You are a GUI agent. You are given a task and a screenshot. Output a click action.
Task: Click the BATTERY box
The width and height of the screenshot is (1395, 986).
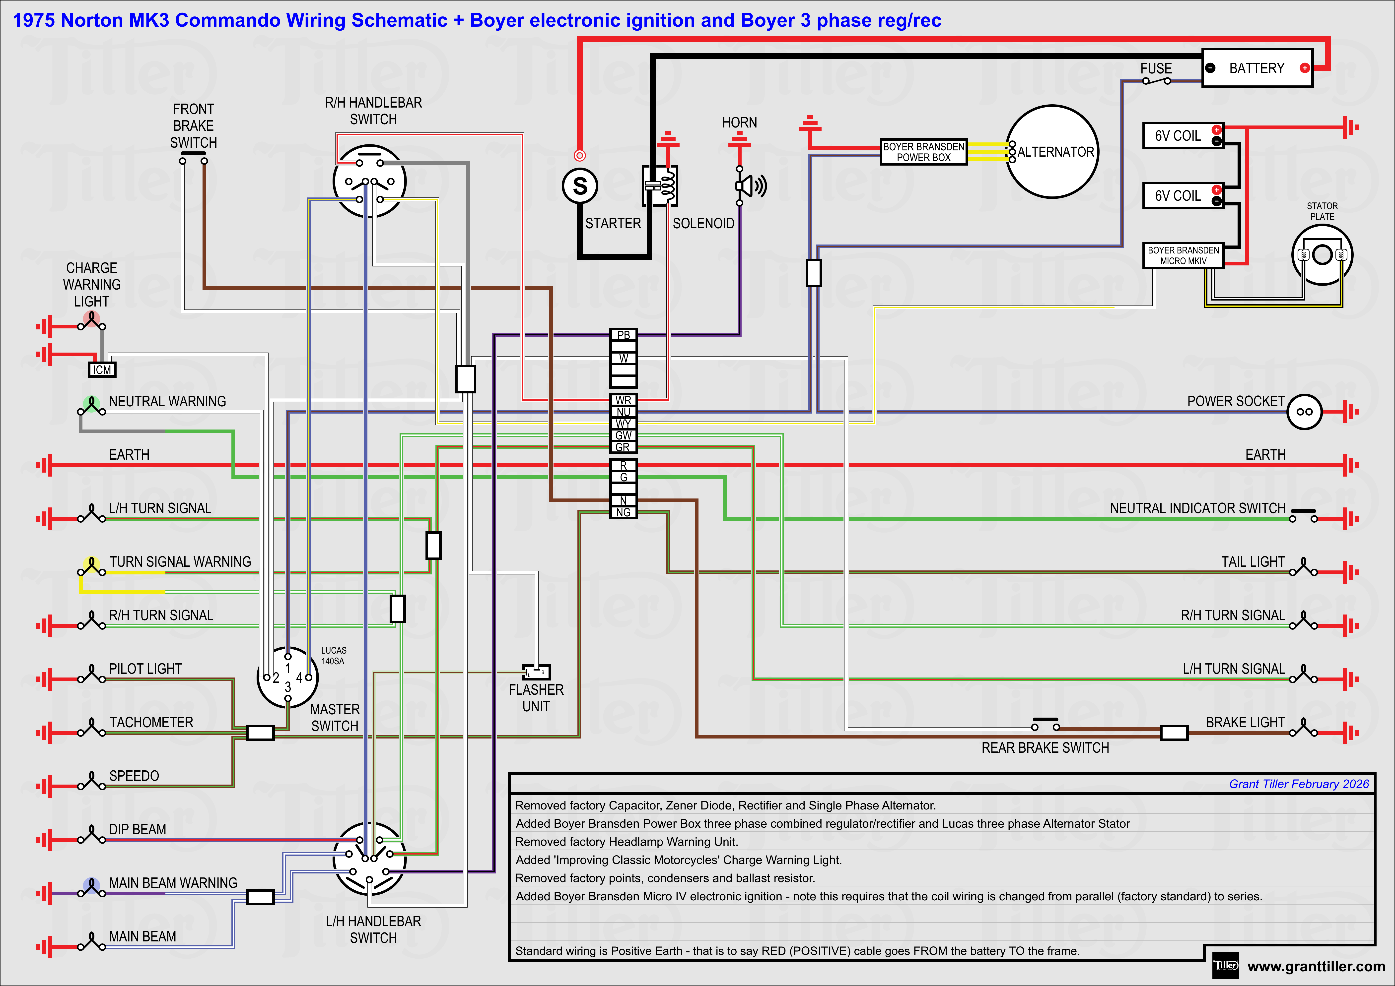pos(1256,68)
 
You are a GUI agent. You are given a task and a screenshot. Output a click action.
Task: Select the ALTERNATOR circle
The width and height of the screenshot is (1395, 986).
pos(1052,152)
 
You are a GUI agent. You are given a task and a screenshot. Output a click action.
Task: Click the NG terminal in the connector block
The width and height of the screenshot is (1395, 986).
pos(623,512)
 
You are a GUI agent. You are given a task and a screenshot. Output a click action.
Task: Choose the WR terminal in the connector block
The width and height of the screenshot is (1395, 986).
pos(623,400)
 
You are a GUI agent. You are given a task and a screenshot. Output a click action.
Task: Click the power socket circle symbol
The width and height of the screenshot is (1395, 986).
pos(1304,412)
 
